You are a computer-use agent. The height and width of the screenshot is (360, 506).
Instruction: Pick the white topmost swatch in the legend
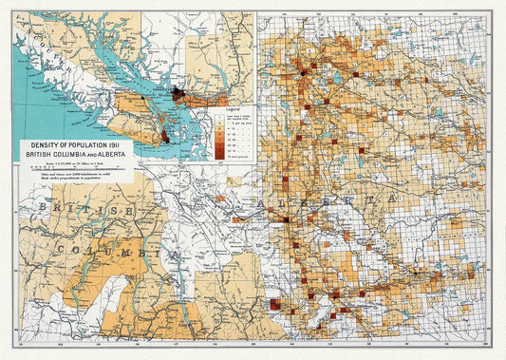click(217, 119)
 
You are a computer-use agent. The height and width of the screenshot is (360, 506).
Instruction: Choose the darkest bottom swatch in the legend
click(217, 157)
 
